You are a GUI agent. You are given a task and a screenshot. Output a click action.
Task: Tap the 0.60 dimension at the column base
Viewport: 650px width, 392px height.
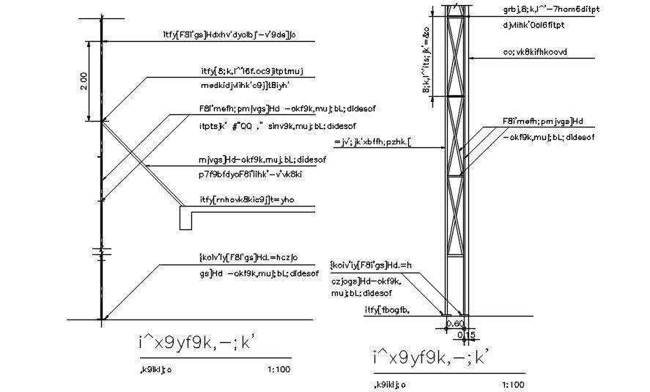point(455,323)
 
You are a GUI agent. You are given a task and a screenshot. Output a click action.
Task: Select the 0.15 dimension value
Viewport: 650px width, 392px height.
point(466,335)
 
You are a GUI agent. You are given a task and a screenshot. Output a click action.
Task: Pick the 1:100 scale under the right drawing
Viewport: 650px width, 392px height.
point(513,384)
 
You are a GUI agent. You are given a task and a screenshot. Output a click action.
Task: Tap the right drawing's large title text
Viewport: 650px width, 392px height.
point(429,357)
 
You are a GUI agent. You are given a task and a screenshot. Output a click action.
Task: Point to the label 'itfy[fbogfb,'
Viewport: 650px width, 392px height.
point(387,310)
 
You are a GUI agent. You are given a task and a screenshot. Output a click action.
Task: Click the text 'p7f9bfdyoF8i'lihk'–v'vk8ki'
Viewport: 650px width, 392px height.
point(251,174)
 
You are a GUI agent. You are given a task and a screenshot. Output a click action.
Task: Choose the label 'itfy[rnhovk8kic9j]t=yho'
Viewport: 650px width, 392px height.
point(246,199)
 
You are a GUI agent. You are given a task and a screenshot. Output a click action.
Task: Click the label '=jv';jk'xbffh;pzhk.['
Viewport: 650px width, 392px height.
point(373,141)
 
